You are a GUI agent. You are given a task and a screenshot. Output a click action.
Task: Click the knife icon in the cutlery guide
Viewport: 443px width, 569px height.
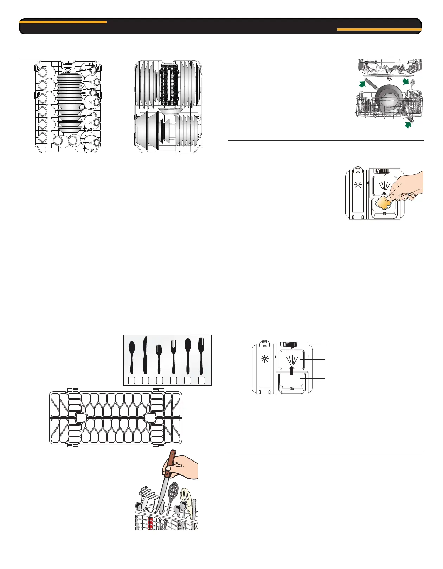tap(145, 355)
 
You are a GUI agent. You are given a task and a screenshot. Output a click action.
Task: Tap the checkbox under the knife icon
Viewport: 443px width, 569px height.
tap(146, 380)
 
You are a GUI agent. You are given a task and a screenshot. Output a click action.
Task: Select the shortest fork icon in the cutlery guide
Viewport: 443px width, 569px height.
tap(159, 358)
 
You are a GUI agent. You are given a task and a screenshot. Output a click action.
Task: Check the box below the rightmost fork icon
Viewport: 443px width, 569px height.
tap(201, 380)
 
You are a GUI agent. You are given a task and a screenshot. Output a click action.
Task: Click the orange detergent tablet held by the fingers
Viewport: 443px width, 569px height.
tap(384, 202)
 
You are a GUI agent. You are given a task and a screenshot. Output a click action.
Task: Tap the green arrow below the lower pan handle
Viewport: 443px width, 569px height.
tap(408, 124)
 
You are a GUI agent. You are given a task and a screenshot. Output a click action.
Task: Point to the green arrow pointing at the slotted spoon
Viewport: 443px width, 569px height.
tap(406, 82)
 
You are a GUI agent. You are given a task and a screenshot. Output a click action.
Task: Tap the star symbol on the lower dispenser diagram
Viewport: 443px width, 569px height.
tap(264, 359)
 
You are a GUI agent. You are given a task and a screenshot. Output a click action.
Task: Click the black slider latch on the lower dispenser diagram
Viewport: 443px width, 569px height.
tap(290, 346)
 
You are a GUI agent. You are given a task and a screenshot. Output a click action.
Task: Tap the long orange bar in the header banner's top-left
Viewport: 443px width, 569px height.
tap(63, 22)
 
